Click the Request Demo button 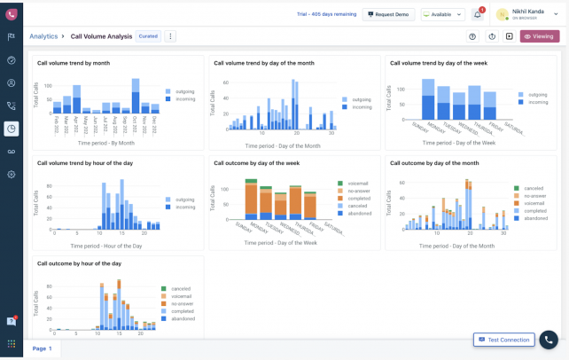pyautogui.click(x=388, y=15)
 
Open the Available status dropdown pyautogui.click(x=442, y=15)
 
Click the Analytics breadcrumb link pyautogui.click(x=43, y=36)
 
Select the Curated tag pyautogui.click(x=148, y=36)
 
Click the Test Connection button pyautogui.click(x=503, y=340)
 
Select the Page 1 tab pyautogui.click(x=43, y=348)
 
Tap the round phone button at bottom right pyautogui.click(x=549, y=340)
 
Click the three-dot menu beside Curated pyautogui.click(x=170, y=36)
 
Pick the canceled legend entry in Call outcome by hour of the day pyautogui.click(x=180, y=288)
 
